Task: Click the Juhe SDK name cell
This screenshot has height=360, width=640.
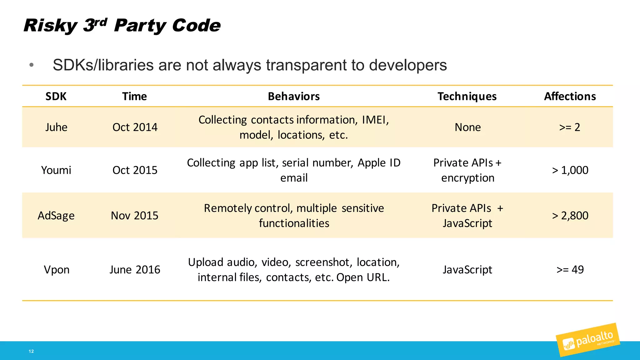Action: [56, 127]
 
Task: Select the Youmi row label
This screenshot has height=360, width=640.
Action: [56, 170]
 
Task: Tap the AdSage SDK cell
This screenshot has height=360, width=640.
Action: [56, 216]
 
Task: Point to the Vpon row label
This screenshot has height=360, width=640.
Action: [57, 270]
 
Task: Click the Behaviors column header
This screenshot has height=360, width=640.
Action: [294, 96]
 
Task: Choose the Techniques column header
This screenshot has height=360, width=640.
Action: [467, 96]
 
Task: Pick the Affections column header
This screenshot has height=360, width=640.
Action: [570, 96]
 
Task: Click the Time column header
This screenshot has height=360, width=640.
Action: [134, 96]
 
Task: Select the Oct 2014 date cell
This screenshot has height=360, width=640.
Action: [135, 127]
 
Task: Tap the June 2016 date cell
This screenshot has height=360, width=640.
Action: [135, 270]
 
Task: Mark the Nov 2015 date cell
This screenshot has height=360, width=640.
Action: [135, 216]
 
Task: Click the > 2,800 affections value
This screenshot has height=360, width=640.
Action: [570, 216]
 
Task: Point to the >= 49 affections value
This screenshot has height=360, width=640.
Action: [570, 270]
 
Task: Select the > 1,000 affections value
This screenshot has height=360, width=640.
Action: [570, 170]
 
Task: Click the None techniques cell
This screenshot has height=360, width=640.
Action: [467, 127]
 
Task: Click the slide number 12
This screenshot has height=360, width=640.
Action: [31, 351]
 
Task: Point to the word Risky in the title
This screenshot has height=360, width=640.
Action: [50, 26]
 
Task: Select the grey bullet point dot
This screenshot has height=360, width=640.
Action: [31, 65]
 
